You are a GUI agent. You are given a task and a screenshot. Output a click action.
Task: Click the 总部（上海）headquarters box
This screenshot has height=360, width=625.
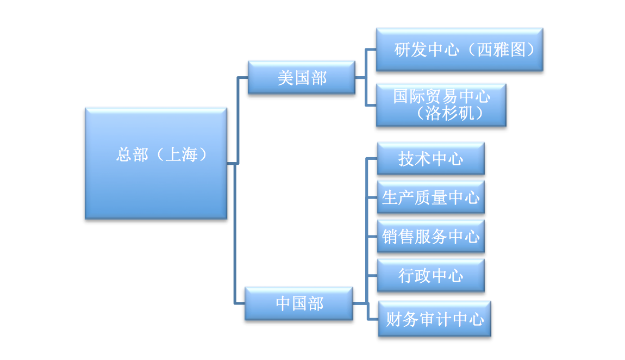pyautogui.click(x=156, y=163)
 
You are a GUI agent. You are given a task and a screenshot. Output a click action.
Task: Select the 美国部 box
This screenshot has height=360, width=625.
pyautogui.click(x=302, y=78)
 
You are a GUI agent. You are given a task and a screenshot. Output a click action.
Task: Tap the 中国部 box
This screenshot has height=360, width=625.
pyautogui.click(x=299, y=303)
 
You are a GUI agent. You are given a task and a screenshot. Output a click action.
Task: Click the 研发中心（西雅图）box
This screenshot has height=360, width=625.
pyautogui.click(x=459, y=50)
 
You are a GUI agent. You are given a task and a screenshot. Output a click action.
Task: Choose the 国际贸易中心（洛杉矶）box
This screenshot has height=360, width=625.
pyautogui.click(x=441, y=105)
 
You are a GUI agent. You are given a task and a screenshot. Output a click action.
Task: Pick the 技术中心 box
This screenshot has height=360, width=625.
pyautogui.click(x=430, y=159)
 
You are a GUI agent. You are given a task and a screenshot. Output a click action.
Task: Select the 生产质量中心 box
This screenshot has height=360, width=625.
pyautogui.click(x=430, y=197)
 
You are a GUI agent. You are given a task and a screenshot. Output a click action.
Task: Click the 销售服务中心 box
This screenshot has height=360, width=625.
pyautogui.click(x=430, y=237)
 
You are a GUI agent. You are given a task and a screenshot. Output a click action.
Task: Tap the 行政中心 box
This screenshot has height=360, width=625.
pyautogui.click(x=430, y=275)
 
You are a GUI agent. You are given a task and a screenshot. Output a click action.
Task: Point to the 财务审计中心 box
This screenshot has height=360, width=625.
pyautogui.click(x=435, y=319)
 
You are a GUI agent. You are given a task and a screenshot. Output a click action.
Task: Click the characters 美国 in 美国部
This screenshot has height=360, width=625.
pyautogui.click(x=293, y=78)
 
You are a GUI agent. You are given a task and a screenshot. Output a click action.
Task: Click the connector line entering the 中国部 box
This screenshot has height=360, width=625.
pyautogui.click(x=240, y=303)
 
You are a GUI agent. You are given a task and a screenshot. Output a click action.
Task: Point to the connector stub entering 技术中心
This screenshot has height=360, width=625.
pyautogui.click(x=372, y=159)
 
